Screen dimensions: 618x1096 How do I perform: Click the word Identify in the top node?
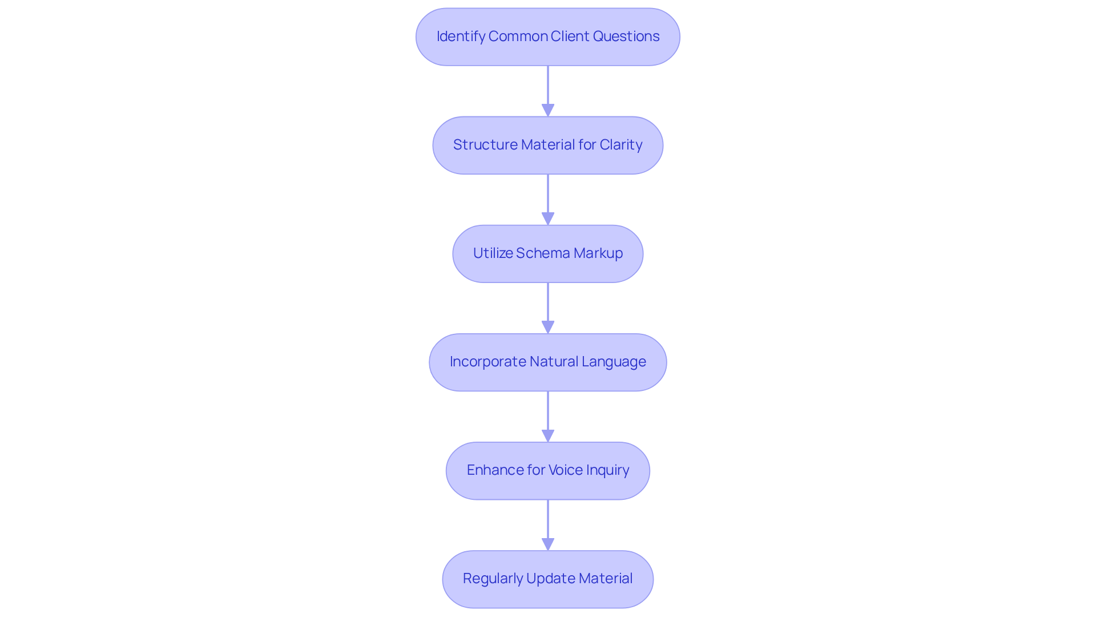pyautogui.click(x=461, y=37)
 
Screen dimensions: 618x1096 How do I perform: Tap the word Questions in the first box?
pyautogui.click(x=626, y=37)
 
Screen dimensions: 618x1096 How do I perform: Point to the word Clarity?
pyautogui.click(x=620, y=145)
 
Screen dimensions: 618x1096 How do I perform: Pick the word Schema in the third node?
pyautogui.click(x=543, y=253)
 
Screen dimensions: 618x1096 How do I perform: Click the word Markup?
pyautogui.click(x=598, y=253)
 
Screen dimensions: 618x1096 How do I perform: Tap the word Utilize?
pyautogui.click(x=493, y=253)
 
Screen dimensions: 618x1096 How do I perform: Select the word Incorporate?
pyautogui.click(x=487, y=362)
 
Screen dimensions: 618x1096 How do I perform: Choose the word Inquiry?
pyautogui.click(x=607, y=470)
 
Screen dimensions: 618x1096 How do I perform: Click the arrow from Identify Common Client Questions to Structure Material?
pyautogui.click(x=548, y=88)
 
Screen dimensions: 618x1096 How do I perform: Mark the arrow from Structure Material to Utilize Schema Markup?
pyautogui.click(x=548, y=197)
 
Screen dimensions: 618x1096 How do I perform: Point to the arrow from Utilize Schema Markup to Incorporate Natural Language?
pyautogui.click(x=548, y=305)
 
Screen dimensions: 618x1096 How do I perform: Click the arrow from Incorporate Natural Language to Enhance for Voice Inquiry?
pyautogui.click(x=548, y=414)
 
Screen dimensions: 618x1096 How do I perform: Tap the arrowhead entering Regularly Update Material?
pyautogui.click(x=548, y=544)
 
